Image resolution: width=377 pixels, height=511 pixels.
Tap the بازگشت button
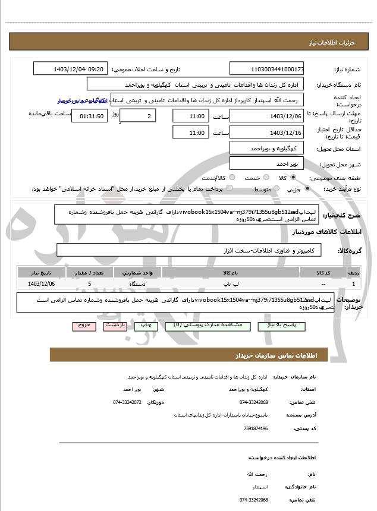[x=114, y=326]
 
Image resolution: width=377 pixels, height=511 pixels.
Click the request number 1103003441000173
[x=266, y=69]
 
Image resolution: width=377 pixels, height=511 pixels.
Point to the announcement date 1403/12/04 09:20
[x=71, y=69]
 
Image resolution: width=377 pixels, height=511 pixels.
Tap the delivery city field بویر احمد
[x=266, y=163]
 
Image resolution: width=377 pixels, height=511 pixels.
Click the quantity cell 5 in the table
[x=90, y=284]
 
